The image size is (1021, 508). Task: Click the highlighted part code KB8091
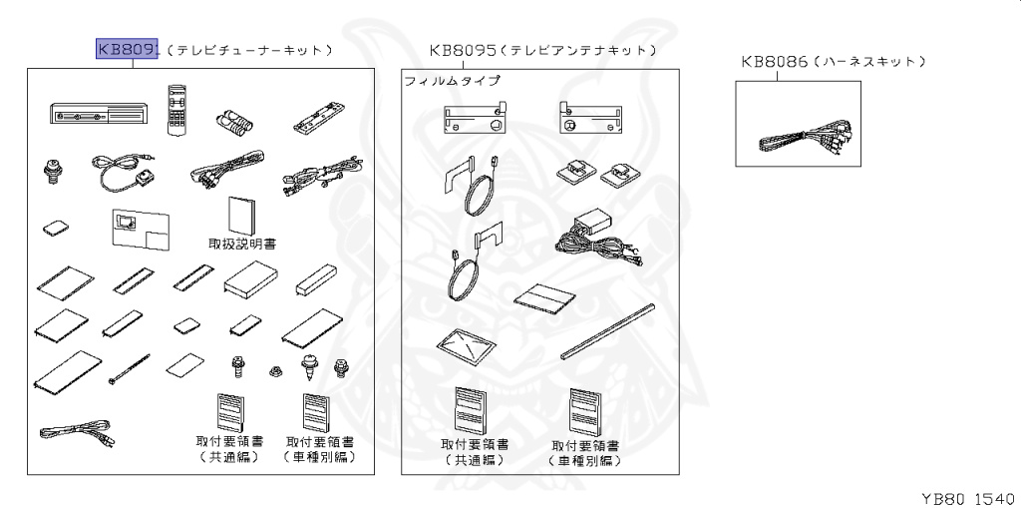(x=127, y=49)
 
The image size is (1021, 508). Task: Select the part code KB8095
(x=463, y=49)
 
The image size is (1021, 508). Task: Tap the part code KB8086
(x=774, y=62)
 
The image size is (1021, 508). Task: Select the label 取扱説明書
(x=242, y=243)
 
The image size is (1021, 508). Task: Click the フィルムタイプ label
(x=452, y=81)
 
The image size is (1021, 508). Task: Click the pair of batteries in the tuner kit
(x=236, y=122)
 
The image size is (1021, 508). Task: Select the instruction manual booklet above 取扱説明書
(x=242, y=214)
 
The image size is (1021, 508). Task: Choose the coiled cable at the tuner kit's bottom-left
(x=77, y=436)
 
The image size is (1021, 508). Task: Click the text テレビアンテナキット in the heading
(x=578, y=49)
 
